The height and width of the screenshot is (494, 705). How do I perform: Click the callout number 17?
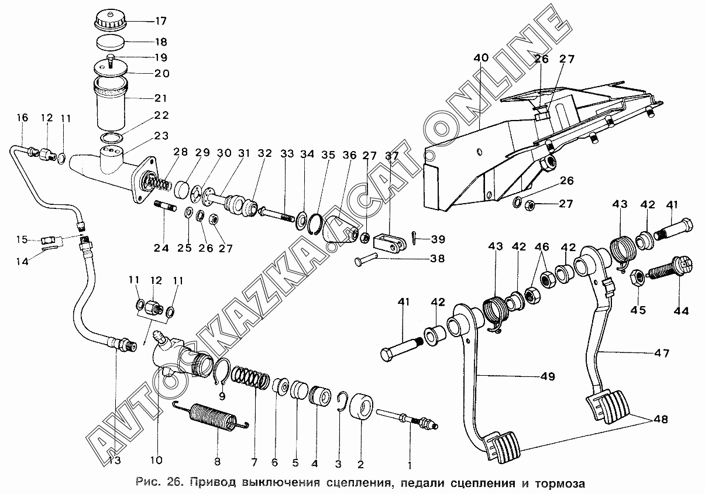[x=160, y=21]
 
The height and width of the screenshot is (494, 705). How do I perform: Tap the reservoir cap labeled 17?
[x=110, y=21]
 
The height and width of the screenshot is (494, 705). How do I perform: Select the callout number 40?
[x=481, y=57]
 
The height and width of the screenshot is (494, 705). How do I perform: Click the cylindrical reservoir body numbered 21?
[x=111, y=105]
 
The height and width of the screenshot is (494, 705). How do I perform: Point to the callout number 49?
[x=548, y=376]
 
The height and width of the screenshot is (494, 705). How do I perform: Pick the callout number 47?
[x=661, y=354]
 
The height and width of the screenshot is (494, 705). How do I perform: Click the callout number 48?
[x=661, y=420]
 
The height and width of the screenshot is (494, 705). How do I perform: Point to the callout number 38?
[x=438, y=259]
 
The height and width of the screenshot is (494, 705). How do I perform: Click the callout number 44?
[x=682, y=311]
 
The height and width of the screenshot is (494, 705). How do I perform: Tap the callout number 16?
[x=23, y=118]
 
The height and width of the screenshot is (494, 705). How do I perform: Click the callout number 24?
[x=161, y=248]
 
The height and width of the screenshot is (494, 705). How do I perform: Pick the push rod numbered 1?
[x=407, y=420]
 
